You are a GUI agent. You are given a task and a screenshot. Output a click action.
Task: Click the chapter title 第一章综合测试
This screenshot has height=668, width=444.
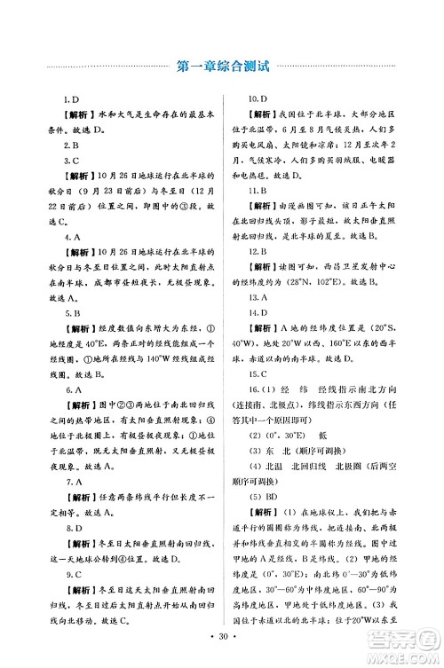[222, 65]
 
